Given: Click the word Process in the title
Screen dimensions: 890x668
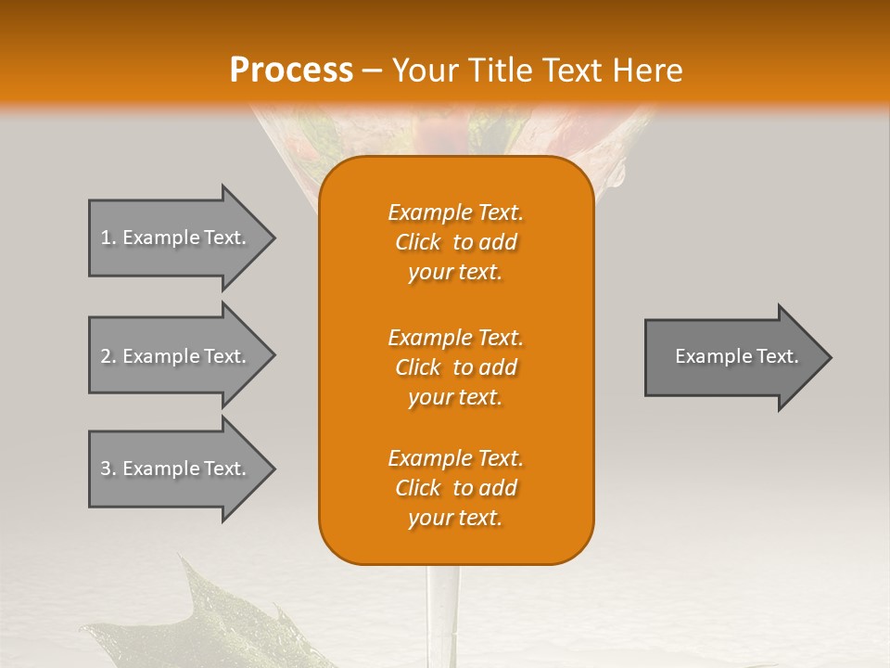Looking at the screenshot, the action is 291,71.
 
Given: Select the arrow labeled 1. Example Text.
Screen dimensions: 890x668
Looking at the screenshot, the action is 176,238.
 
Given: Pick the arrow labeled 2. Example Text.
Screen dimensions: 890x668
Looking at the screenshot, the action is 176,356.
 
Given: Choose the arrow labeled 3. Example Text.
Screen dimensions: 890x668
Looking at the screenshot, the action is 176,469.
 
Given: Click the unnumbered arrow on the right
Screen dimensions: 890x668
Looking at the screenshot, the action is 732,356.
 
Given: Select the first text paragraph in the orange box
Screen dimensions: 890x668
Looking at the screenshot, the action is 455,242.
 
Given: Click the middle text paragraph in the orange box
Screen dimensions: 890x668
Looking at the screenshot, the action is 455,367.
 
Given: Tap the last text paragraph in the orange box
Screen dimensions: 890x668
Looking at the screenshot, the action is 455,488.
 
